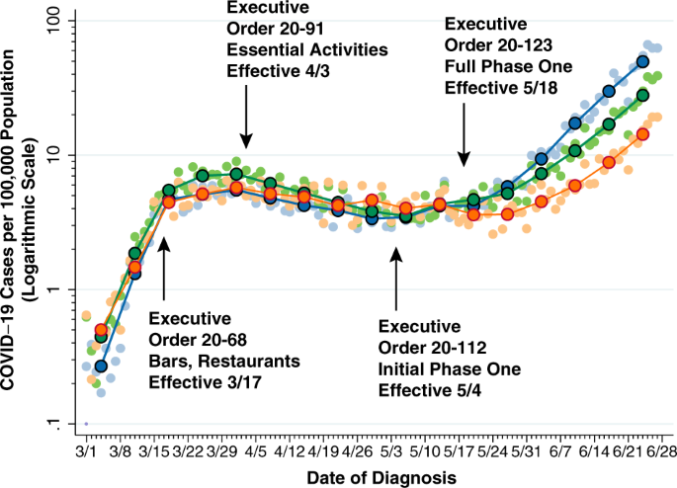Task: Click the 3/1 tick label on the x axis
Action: (x=86, y=450)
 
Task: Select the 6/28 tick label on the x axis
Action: (x=656, y=450)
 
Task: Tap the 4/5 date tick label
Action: (x=255, y=450)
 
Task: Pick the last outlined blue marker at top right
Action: (x=642, y=61)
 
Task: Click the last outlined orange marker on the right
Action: (x=642, y=133)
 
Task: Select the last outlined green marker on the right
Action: (x=642, y=95)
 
